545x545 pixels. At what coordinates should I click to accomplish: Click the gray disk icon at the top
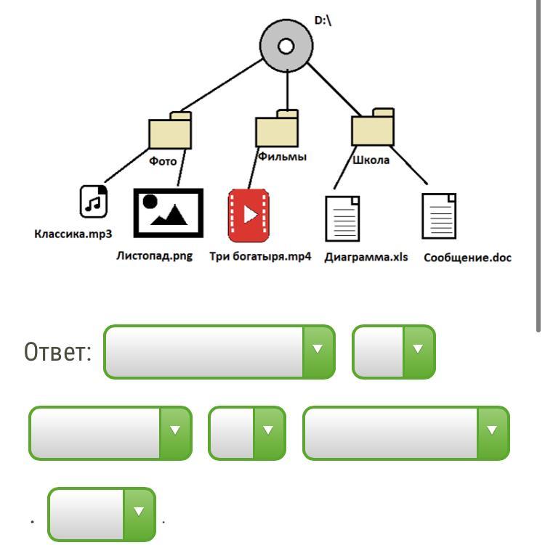click(286, 46)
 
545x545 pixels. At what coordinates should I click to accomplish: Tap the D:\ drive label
click(323, 21)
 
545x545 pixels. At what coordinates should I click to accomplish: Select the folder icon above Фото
click(171, 131)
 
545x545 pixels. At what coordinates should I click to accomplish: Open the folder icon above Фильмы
click(277, 129)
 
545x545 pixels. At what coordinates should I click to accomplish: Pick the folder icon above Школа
click(373, 128)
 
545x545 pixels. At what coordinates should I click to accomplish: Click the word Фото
click(163, 161)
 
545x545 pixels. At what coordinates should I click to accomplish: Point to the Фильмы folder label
click(282, 156)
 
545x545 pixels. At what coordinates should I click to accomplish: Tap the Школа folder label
click(371, 160)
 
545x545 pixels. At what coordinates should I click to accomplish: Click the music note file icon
click(93, 202)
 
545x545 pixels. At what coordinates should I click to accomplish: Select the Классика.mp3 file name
click(73, 234)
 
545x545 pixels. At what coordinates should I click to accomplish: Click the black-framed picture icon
click(168, 213)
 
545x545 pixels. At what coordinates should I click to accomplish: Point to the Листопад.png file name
click(154, 255)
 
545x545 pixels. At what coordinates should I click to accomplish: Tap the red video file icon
click(249, 216)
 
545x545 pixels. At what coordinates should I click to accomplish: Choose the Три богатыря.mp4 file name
click(260, 256)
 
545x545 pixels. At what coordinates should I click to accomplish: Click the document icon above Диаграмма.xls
click(342, 218)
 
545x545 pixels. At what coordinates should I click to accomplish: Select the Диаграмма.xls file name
click(366, 257)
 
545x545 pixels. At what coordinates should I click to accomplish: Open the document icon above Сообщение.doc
click(440, 216)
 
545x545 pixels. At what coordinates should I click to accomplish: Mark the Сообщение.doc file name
click(467, 258)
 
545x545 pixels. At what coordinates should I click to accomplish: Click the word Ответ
click(57, 353)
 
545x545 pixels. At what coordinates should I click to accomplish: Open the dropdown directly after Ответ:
click(219, 352)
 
